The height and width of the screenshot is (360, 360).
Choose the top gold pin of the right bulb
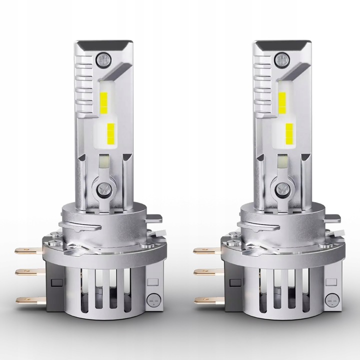coord(202,250)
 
